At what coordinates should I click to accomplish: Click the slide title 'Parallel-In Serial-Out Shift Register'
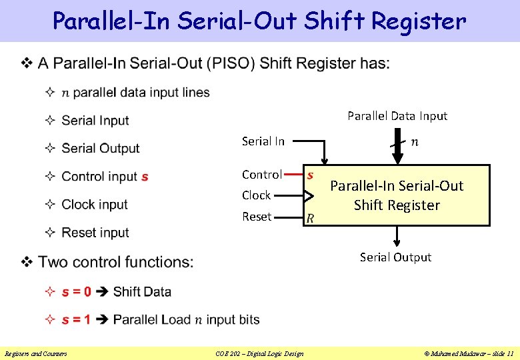coord(259,21)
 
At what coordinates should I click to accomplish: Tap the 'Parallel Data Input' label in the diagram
coord(397,116)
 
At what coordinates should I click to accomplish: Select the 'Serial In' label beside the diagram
coord(263,141)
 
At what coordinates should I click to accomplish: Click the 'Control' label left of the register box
coord(261,175)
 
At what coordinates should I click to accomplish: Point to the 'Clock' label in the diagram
coord(256,195)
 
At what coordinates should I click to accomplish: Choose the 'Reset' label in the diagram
coord(257,217)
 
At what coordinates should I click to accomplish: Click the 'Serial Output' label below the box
coord(395,257)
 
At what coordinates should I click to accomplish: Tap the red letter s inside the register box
coord(310,175)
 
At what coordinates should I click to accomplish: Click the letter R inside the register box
coord(310,217)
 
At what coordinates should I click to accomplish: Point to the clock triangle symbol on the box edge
coord(308,196)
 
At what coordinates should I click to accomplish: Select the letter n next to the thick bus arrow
coord(415,141)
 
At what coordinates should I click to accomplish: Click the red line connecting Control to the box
coord(293,175)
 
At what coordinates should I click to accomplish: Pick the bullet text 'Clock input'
coord(95,205)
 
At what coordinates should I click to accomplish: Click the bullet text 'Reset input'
coord(95,233)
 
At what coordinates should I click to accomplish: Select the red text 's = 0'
coord(76,292)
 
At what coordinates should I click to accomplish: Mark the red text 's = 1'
coord(76,320)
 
